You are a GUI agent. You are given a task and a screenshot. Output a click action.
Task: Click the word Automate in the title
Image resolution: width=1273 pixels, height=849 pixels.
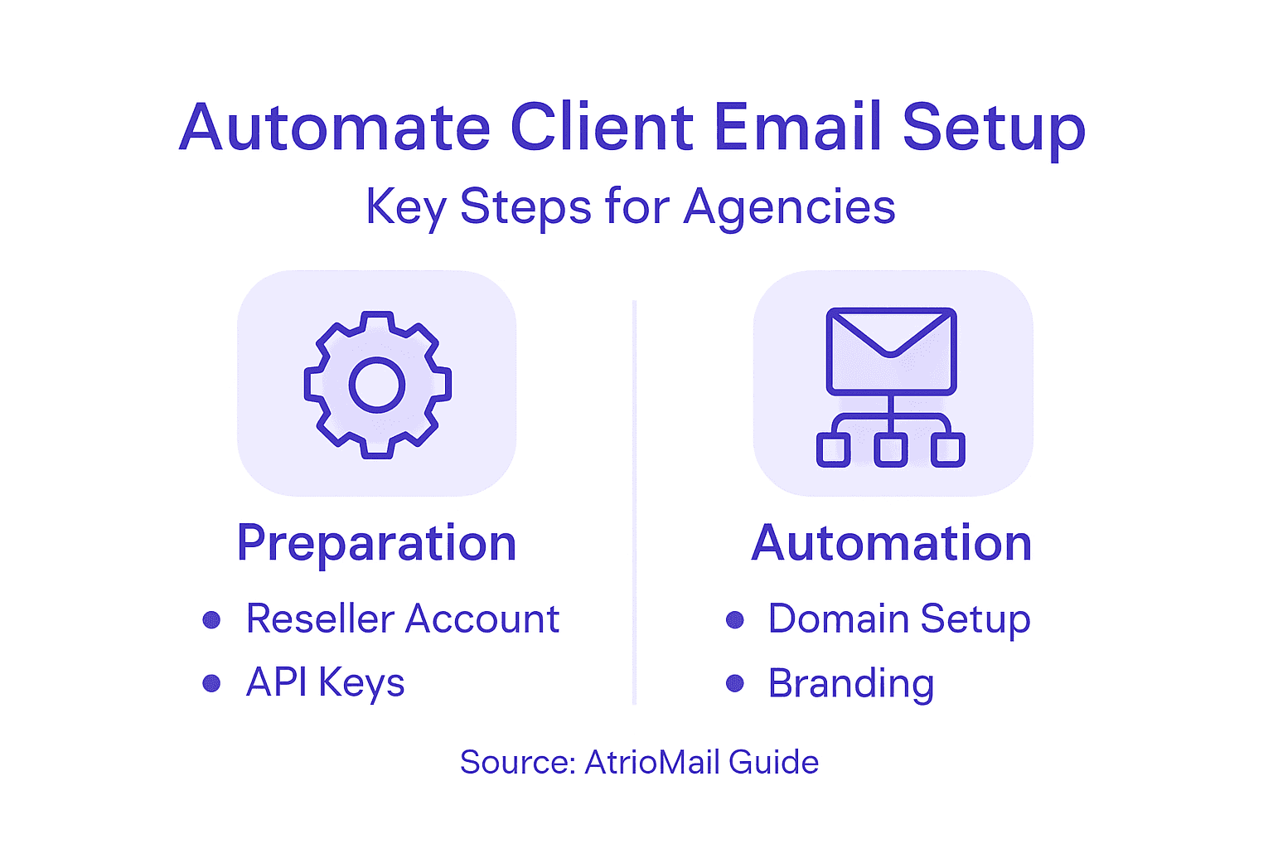coord(335,128)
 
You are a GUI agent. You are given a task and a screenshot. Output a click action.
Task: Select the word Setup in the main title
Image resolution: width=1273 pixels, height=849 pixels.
coord(993,129)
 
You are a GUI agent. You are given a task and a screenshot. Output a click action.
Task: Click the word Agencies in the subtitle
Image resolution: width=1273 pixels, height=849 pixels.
coord(789,207)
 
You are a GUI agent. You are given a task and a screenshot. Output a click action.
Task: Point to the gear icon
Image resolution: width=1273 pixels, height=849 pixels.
coord(377,385)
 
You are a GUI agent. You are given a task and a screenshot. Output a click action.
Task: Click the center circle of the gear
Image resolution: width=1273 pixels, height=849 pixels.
coord(377,385)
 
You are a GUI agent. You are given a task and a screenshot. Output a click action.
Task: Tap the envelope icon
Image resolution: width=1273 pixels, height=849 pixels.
coord(891,351)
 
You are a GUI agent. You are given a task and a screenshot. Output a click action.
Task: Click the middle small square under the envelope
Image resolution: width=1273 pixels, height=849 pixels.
coord(891,450)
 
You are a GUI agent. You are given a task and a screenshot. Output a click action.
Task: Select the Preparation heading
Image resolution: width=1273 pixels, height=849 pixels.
coord(377,544)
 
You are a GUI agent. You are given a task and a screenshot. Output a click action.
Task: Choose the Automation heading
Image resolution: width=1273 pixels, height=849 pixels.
coord(892,544)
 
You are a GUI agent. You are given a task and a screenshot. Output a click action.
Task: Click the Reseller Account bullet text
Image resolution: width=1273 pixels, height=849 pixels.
coord(403,619)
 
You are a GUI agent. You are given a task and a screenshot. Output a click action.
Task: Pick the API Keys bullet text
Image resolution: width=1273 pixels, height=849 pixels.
coord(326,683)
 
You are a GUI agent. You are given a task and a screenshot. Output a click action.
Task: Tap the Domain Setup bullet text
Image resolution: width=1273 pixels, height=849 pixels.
coord(899,619)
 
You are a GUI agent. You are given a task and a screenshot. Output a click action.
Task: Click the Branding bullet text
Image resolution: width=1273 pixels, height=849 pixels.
coord(851,684)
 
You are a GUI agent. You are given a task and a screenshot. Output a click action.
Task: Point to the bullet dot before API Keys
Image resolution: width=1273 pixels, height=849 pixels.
coord(211,683)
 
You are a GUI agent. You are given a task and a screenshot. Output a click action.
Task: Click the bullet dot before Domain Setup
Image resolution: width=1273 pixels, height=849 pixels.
coord(734,619)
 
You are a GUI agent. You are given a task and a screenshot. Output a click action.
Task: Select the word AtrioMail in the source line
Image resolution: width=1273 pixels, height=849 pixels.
coord(641,763)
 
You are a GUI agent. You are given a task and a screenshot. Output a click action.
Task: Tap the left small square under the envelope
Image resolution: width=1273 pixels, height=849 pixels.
coord(833,450)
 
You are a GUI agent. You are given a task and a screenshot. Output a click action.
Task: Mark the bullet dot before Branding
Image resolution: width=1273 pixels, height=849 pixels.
coord(734,683)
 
